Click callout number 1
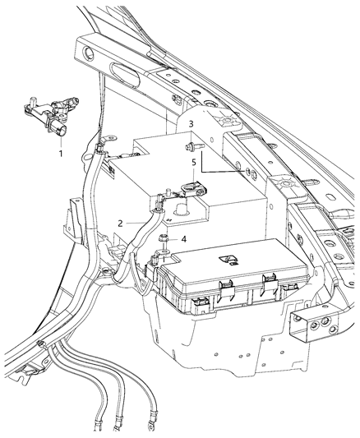[60, 154]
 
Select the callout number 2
[120, 223]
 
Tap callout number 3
[191, 123]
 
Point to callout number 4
[183, 239]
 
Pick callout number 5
[194, 162]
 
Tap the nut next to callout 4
[164, 239]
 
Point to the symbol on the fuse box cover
[224, 262]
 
